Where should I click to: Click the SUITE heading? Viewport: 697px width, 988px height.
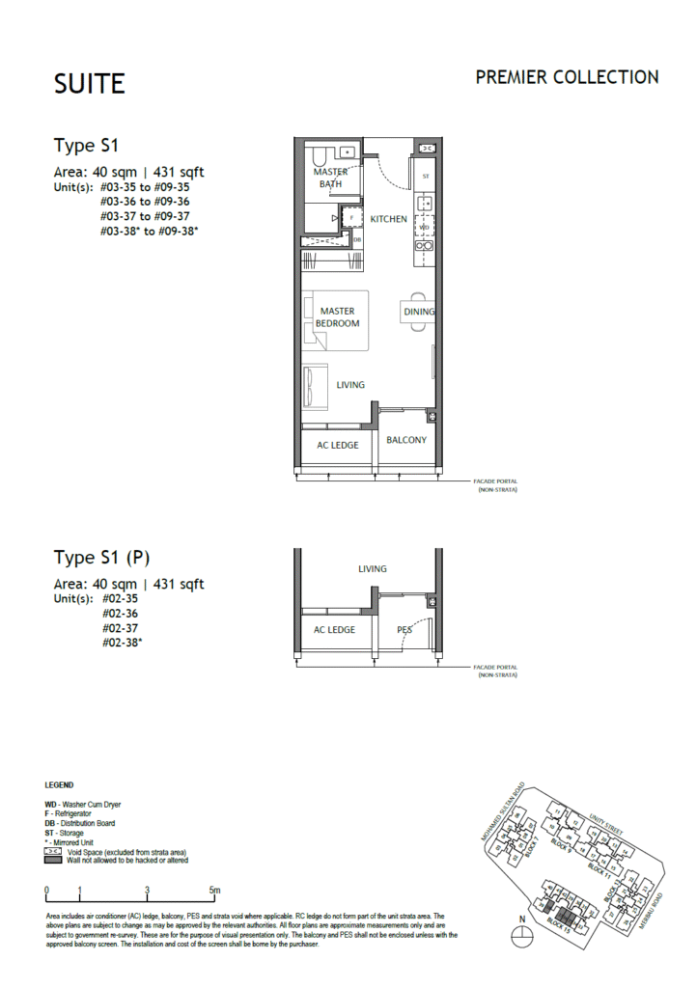(x=90, y=84)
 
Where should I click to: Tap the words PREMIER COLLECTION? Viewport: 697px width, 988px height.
(x=567, y=77)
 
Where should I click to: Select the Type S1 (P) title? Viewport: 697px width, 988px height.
(x=101, y=558)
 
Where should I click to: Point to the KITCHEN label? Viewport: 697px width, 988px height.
(x=389, y=219)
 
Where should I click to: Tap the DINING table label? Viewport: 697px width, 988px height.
(x=419, y=312)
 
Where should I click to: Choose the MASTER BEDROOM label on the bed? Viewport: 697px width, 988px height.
(x=337, y=317)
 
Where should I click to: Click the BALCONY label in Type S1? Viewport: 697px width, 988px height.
(x=406, y=440)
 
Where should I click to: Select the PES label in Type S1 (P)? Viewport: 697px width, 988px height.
(x=405, y=630)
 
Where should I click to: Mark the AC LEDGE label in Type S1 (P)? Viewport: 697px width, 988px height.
(x=335, y=630)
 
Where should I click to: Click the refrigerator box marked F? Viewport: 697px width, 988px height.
(x=351, y=218)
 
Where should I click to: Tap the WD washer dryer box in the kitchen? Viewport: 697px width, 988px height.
(x=424, y=228)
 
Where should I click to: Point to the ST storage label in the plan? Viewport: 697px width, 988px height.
(x=425, y=177)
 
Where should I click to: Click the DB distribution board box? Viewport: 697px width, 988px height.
(x=356, y=239)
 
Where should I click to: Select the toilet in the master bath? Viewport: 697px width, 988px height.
(x=319, y=153)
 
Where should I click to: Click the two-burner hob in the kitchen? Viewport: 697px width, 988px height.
(x=423, y=247)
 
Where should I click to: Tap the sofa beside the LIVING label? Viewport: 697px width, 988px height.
(x=314, y=386)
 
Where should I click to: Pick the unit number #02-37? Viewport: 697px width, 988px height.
(x=120, y=626)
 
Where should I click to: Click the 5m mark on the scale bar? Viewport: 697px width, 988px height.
(x=214, y=891)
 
